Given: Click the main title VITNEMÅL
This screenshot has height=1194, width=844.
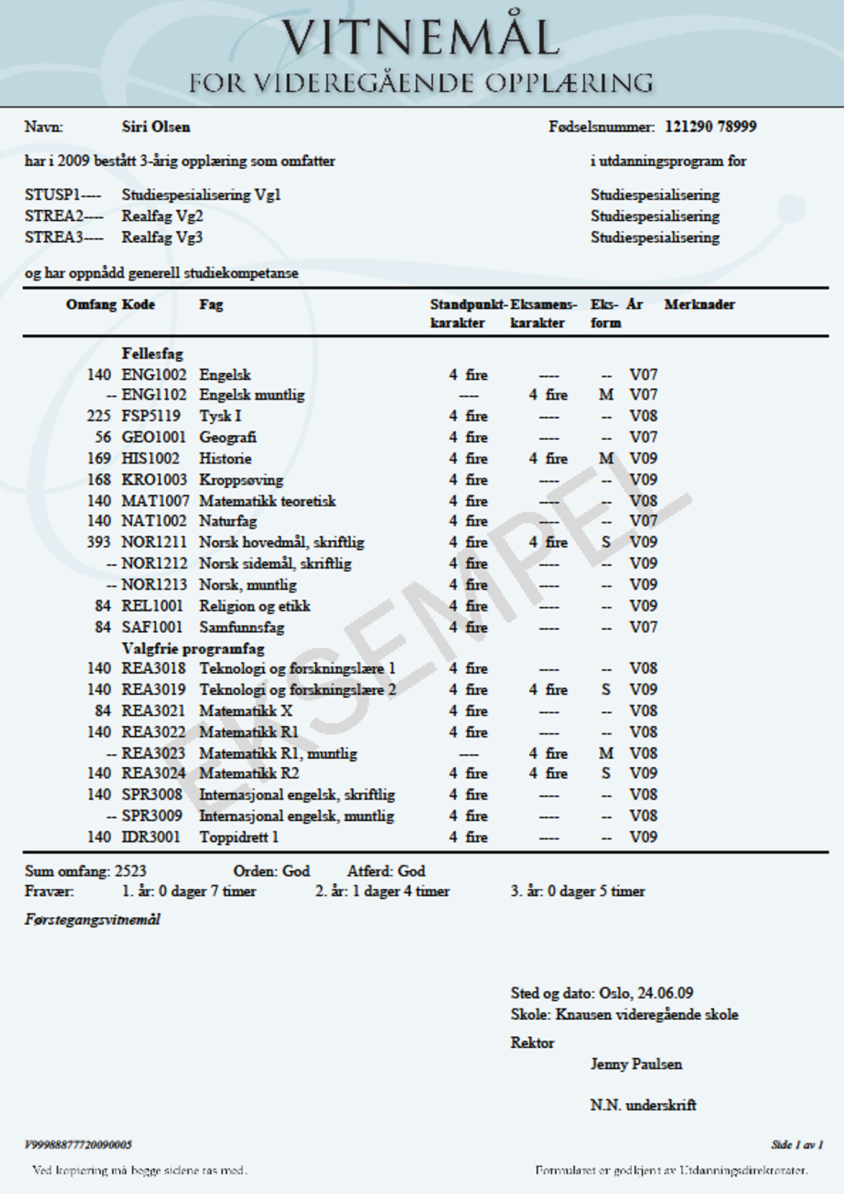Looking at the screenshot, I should click(421, 37).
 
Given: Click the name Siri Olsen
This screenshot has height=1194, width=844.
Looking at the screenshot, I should click(156, 127).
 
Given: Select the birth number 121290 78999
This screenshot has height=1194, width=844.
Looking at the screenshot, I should click(711, 127).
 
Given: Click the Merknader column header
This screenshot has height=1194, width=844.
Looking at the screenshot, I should click(699, 305).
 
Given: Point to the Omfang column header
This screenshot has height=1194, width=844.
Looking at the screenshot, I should click(91, 305).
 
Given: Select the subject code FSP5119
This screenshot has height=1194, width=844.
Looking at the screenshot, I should click(151, 416).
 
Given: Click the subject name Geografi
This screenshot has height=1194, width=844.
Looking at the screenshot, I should click(227, 437).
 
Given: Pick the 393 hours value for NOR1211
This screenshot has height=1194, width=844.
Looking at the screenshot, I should click(99, 542).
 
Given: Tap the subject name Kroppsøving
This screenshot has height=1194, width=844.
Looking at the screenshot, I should click(241, 480).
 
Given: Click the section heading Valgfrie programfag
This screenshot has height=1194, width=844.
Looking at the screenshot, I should click(193, 649).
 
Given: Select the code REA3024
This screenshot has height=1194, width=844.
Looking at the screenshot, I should click(153, 773).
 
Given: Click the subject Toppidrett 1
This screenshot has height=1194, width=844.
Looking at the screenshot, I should click(239, 837).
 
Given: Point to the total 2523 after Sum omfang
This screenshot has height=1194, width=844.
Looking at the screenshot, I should click(130, 871).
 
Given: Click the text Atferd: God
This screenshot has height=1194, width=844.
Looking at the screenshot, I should click(386, 871).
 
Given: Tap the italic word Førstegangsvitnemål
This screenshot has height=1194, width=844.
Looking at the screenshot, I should click(92, 919).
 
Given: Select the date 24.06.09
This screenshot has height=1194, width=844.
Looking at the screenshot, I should click(665, 993).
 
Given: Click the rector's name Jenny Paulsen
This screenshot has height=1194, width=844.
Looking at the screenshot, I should click(636, 1064).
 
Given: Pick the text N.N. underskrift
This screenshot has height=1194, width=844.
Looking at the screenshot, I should click(643, 1105).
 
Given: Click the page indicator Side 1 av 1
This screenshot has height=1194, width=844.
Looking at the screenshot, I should click(797, 1145).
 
